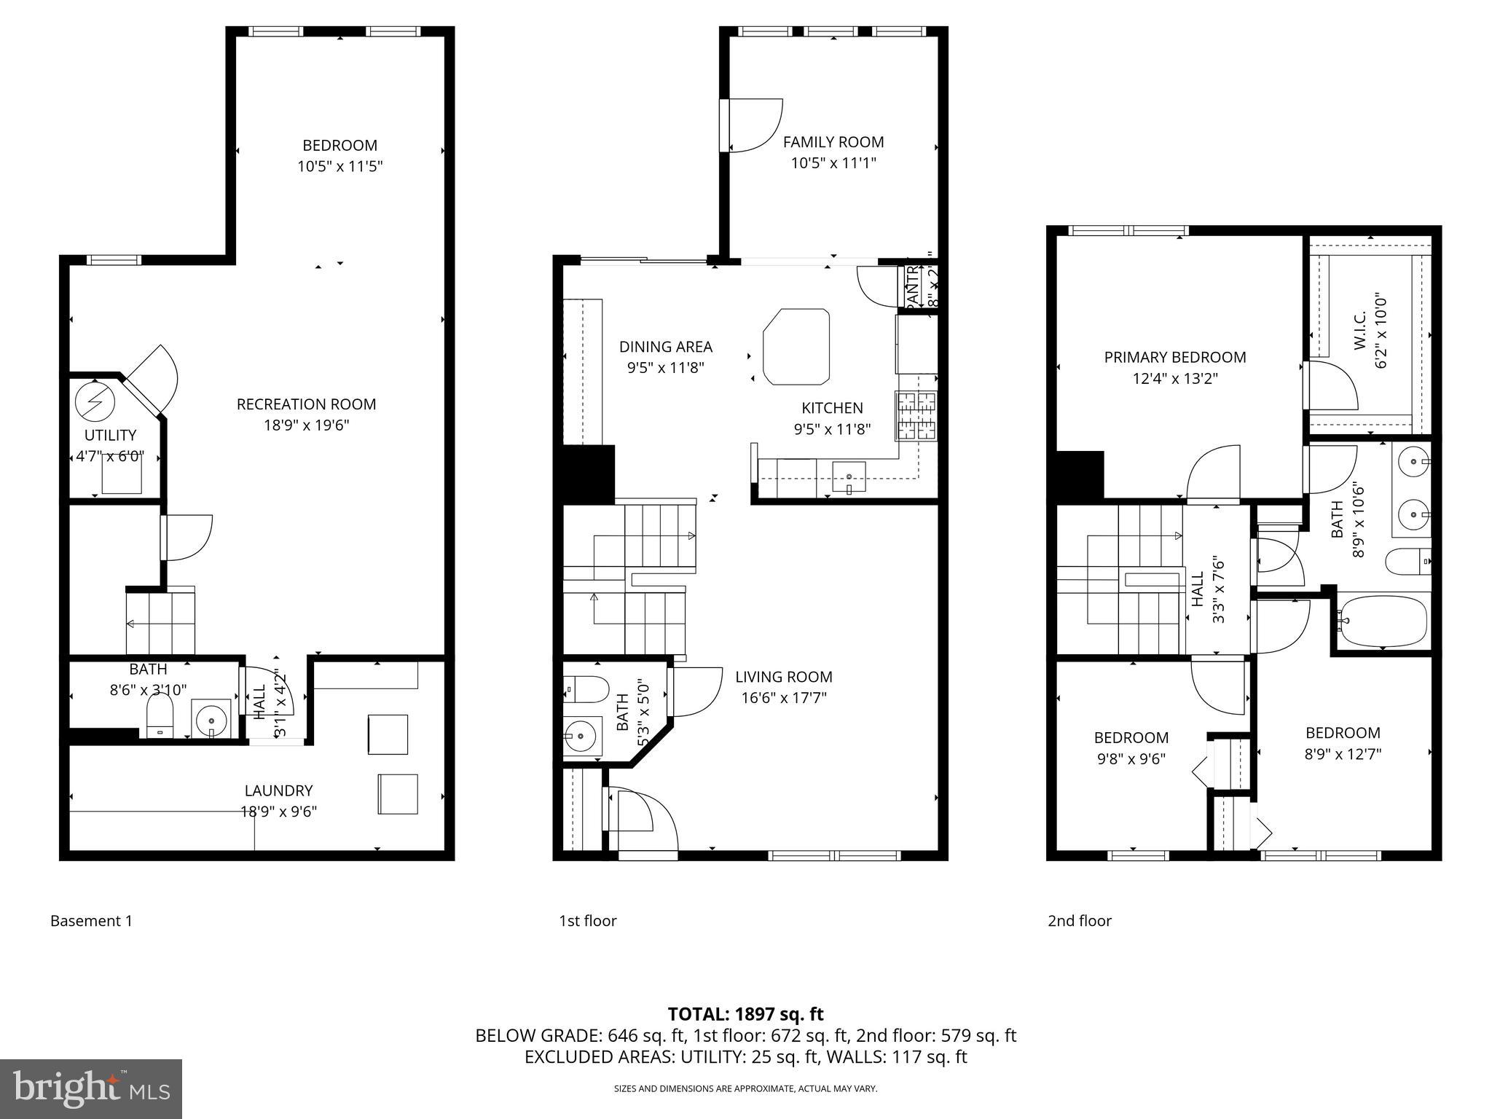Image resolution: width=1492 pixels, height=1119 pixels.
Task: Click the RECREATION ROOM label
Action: [306, 404]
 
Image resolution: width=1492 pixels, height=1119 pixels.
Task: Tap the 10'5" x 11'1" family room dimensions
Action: [833, 163]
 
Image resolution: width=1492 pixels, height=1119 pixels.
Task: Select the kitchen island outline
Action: [796, 346]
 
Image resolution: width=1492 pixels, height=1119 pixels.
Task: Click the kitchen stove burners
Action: [916, 415]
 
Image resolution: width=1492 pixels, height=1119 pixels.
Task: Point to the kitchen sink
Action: [849, 477]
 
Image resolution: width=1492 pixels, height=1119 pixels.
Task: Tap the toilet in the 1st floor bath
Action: [587, 688]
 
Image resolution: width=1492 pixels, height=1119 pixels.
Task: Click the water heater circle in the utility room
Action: [95, 401]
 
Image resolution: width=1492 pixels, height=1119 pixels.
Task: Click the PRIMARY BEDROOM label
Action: [1174, 358]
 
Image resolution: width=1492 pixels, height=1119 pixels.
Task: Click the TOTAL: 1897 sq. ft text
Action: [745, 1014]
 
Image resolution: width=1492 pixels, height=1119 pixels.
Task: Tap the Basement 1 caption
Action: [91, 921]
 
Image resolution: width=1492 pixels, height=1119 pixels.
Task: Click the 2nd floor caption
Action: [1079, 921]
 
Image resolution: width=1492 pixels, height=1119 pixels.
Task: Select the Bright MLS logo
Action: [90, 1088]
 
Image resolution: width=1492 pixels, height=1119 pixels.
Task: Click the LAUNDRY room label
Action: [278, 790]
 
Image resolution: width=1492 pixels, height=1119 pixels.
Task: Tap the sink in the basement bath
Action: [211, 719]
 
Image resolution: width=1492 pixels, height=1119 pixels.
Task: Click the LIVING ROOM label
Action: [783, 677]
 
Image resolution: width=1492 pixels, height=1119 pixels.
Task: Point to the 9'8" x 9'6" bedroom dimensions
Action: [1131, 758]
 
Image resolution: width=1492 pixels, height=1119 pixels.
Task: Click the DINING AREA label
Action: [665, 347]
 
